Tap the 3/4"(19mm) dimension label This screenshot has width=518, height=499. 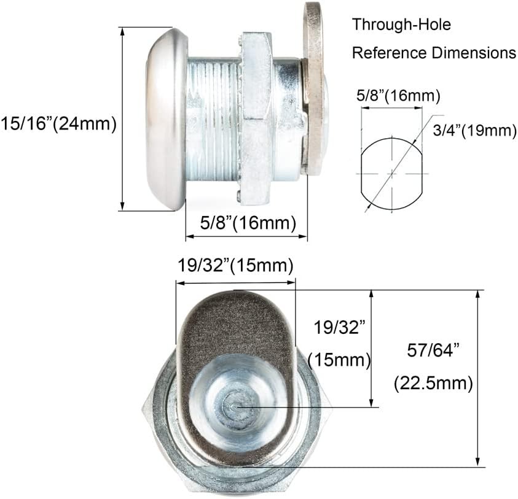tap(474, 130)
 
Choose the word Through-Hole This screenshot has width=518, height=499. tap(401, 25)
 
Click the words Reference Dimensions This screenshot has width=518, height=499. tap(434, 53)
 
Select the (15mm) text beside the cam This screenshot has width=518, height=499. tap(339, 360)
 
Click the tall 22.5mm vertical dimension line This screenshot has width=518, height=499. tap(478, 378)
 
